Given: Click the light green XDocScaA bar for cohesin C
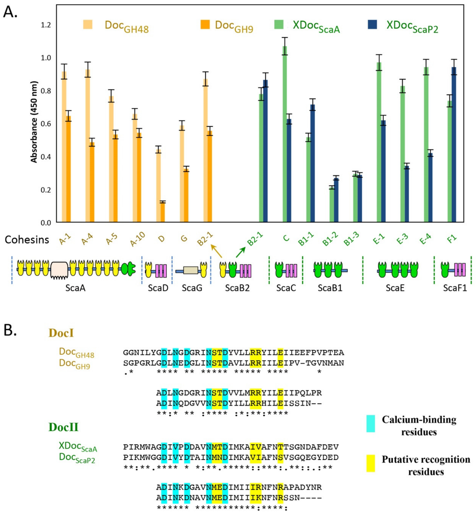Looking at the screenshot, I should pyautogui.click(x=285, y=134).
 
